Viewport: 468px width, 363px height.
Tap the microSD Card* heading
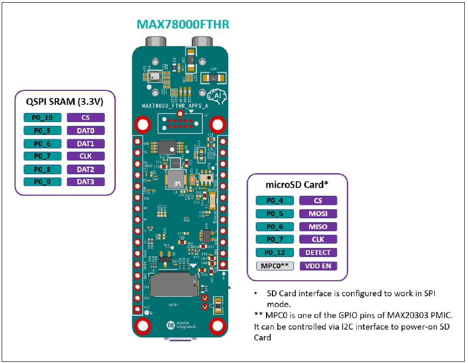(297, 184)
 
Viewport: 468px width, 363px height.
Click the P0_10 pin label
(42, 118)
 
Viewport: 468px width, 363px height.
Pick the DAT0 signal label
(86, 131)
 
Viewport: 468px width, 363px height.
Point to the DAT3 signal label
(86, 182)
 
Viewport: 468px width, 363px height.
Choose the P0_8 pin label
(42, 169)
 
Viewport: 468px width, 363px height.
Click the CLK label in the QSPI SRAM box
(86, 156)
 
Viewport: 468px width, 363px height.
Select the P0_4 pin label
(275, 201)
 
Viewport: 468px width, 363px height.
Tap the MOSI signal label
(318, 213)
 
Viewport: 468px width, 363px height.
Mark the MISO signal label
(318, 226)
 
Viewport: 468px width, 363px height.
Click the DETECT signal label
(318, 252)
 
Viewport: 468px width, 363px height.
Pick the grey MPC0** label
(275, 266)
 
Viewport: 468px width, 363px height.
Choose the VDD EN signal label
(318, 266)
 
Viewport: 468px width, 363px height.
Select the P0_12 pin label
(275, 252)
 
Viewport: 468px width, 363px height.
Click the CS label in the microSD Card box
(318, 201)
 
